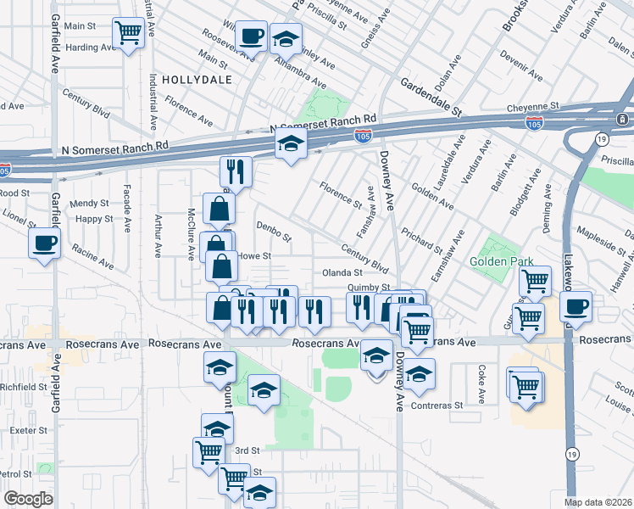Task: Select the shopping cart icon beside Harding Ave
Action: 128,34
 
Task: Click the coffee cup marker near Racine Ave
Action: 44,243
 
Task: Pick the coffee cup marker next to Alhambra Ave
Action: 251,36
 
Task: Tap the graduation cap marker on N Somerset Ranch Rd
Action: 290,145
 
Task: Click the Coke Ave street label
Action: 481,383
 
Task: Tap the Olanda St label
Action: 342,272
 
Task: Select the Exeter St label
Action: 26,430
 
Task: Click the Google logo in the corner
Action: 28,499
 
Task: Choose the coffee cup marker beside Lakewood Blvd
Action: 576,306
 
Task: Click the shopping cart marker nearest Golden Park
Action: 535,281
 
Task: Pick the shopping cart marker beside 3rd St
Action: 209,451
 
